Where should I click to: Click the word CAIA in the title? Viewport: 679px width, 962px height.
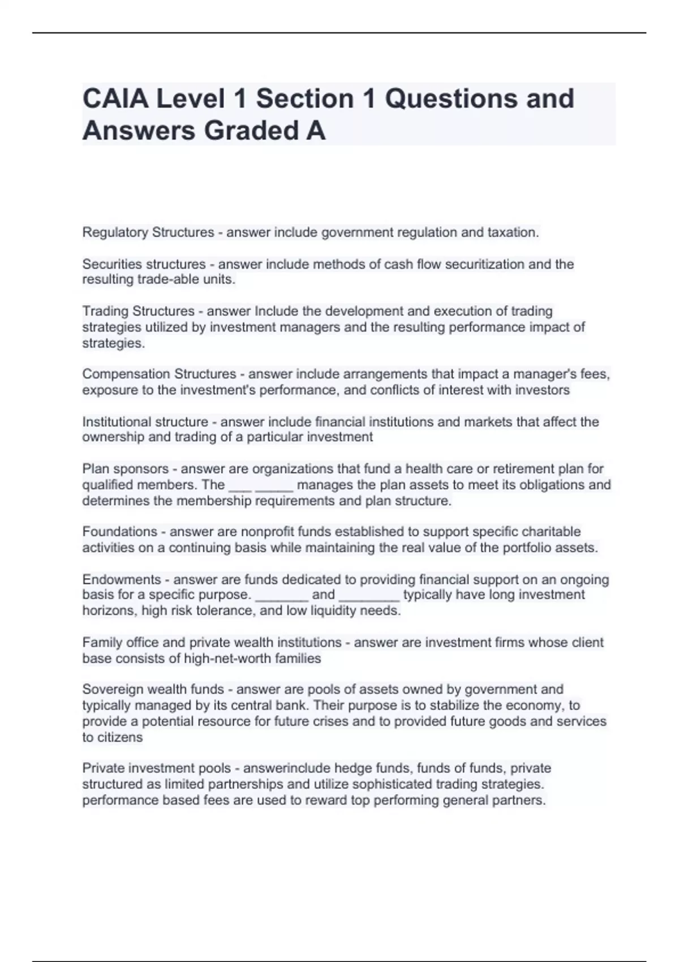pyautogui.click(x=114, y=98)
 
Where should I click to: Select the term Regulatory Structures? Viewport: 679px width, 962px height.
pyautogui.click(x=148, y=233)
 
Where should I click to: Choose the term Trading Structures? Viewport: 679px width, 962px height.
pyautogui.click(x=138, y=311)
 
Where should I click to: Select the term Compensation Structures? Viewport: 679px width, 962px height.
pyautogui.click(x=159, y=374)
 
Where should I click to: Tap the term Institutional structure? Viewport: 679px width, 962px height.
pyautogui.click(x=145, y=422)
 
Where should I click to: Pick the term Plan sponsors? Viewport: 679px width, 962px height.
pyautogui.click(x=125, y=469)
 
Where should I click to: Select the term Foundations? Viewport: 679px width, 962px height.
pyautogui.click(x=119, y=532)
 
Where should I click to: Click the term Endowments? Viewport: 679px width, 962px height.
pyautogui.click(x=122, y=579)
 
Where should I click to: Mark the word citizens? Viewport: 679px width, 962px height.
pyautogui.click(x=119, y=737)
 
